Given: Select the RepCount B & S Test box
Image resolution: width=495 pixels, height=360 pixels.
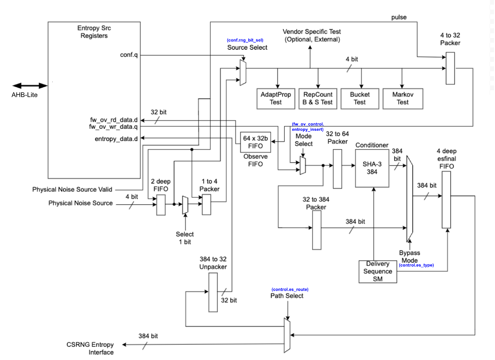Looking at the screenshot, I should (x=318, y=98).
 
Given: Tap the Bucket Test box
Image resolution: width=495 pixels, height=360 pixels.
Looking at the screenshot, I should (x=360, y=98).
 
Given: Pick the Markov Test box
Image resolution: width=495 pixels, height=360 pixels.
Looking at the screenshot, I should (x=402, y=98).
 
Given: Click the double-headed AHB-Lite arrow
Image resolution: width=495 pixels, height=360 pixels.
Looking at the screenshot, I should (x=30, y=86).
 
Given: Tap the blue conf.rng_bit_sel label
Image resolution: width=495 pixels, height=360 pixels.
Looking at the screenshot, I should (x=245, y=40).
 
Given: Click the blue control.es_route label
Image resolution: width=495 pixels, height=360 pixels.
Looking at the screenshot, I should (x=290, y=289).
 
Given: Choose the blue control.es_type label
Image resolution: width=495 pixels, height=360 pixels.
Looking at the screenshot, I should (x=416, y=265).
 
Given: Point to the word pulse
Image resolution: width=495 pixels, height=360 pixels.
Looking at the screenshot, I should (x=399, y=17).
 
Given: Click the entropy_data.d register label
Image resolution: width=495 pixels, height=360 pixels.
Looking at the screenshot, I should (x=116, y=138).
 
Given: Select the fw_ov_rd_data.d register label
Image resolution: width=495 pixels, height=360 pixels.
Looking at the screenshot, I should (x=113, y=120).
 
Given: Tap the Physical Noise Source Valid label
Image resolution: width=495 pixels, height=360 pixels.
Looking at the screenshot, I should (x=72, y=190).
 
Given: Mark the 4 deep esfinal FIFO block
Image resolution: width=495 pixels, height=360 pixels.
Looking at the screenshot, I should (x=446, y=199).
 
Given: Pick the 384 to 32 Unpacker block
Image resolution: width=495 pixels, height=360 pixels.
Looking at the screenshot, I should (x=213, y=293).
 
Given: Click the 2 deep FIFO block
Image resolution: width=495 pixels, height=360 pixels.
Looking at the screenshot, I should (x=161, y=205).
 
